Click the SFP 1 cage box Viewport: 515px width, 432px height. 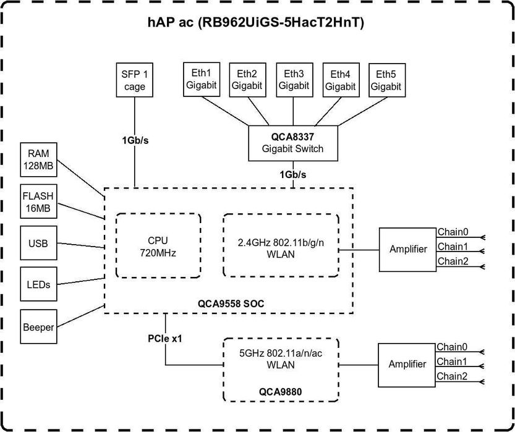point(134,80)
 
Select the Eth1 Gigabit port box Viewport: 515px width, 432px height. point(202,79)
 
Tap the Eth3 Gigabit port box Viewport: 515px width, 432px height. point(294,79)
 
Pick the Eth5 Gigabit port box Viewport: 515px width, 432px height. point(386,79)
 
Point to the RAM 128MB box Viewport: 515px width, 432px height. point(38,158)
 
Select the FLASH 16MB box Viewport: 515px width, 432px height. point(38,201)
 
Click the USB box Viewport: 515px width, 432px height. point(38,244)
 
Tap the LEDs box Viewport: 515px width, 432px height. point(38,285)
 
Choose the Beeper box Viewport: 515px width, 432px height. point(38,327)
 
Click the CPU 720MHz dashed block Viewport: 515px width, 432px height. point(158,246)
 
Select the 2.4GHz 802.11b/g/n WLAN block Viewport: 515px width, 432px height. point(281,246)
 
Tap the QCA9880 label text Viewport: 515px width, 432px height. point(282,391)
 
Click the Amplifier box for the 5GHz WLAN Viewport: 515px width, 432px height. point(407,364)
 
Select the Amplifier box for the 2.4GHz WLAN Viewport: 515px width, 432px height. point(407,249)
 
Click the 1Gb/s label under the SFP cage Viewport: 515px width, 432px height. point(135,140)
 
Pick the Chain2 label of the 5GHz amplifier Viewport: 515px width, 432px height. point(452,376)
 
